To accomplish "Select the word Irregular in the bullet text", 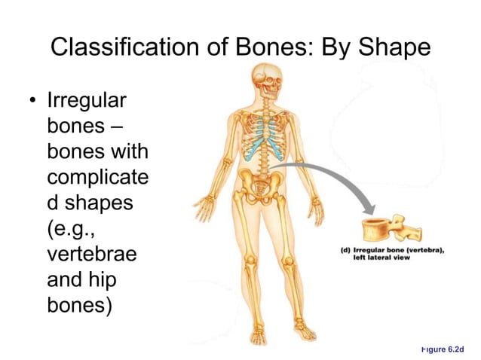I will pyautogui.click(x=87, y=100).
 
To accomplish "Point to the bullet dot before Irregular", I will pyautogui.click(x=32, y=101).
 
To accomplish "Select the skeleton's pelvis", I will pyautogui.click(x=261, y=183).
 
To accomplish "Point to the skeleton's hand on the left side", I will pyautogui.click(x=204, y=204).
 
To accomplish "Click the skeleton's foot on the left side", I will pyautogui.click(x=257, y=336).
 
